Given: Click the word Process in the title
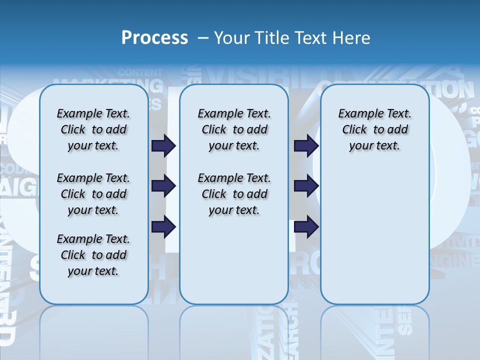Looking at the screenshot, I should tap(154, 38).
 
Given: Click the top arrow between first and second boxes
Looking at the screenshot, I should tap(163, 145).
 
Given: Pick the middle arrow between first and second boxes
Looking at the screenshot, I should tap(163, 186).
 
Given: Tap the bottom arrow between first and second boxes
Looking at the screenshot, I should tap(163, 227).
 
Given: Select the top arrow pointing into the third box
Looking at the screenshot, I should tap(306, 145).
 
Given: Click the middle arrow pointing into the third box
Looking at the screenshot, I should tap(306, 186).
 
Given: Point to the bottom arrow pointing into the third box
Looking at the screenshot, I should tap(306, 227).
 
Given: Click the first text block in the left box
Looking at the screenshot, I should tap(93, 129).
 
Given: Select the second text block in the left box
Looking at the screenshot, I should tap(93, 194).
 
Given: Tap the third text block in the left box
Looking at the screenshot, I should tap(93, 255).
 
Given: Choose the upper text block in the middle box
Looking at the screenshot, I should tap(234, 129).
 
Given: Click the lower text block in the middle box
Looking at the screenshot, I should tap(234, 194).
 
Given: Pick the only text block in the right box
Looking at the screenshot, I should tap(375, 129).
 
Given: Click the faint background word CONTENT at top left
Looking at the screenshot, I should tap(140, 72).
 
